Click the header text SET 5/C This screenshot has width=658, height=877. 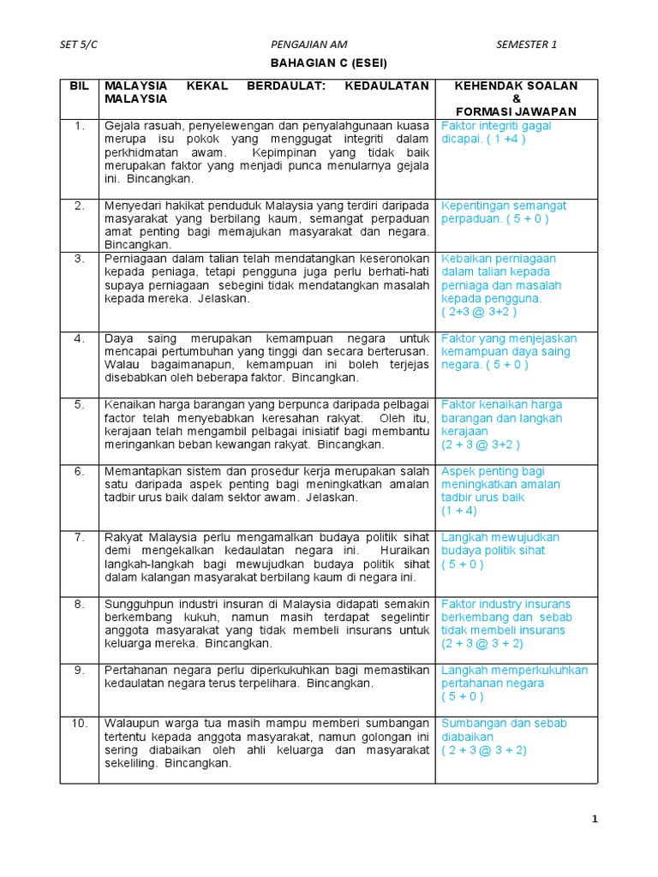point(79,45)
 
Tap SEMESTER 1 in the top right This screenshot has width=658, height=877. point(526,45)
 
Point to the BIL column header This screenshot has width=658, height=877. point(79,86)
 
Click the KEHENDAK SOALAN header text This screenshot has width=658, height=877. point(516,86)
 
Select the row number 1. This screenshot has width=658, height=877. point(79,126)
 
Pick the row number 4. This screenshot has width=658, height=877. point(79,338)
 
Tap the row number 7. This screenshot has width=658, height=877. point(79,537)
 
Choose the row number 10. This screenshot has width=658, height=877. point(79,723)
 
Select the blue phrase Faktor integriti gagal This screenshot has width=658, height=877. point(496,126)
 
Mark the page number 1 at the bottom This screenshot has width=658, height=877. point(595,820)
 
